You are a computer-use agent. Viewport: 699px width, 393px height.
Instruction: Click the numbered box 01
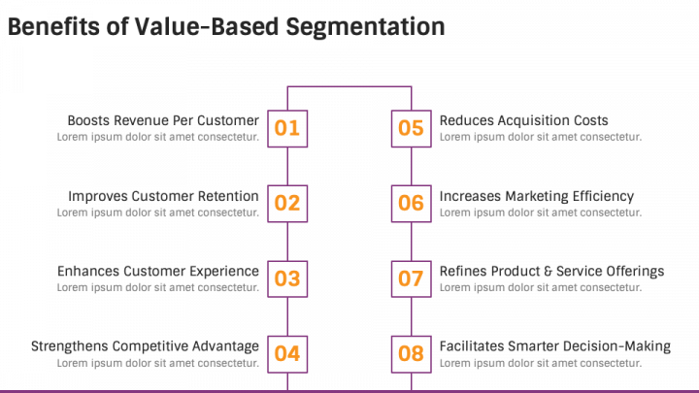click(x=287, y=129)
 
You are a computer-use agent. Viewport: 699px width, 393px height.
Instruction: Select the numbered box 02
click(x=287, y=204)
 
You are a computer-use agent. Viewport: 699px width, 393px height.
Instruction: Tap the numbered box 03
click(x=287, y=278)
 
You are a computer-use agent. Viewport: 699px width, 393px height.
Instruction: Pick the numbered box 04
click(x=287, y=354)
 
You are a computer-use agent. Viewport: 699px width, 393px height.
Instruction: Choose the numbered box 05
click(x=412, y=129)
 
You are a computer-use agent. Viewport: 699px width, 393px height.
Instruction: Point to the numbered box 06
click(x=412, y=204)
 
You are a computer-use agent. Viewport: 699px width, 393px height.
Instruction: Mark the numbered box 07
click(x=412, y=278)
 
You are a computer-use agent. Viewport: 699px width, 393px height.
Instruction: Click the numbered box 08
click(x=412, y=354)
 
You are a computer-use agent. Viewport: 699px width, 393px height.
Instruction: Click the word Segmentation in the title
click(x=366, y=27)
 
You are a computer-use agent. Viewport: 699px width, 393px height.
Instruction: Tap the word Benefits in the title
click(x=54, y=26)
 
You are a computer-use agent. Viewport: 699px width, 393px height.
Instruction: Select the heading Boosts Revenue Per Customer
click(x=163, y=120)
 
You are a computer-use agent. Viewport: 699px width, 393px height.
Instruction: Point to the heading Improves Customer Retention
click(x=163, y=196)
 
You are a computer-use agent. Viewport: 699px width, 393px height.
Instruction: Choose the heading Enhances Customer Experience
click(x=158, y=271)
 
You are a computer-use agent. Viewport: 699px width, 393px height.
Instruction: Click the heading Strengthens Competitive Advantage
click(x=145, y=346)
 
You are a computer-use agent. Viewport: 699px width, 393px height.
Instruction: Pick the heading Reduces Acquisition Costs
click(x=524, y=120)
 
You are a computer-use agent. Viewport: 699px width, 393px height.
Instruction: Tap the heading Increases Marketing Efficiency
click(x=537, y=196)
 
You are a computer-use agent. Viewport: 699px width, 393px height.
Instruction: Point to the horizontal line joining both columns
click(x=349, y=86)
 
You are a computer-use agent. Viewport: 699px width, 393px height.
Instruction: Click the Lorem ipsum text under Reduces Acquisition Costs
click(x=541, y=137)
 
